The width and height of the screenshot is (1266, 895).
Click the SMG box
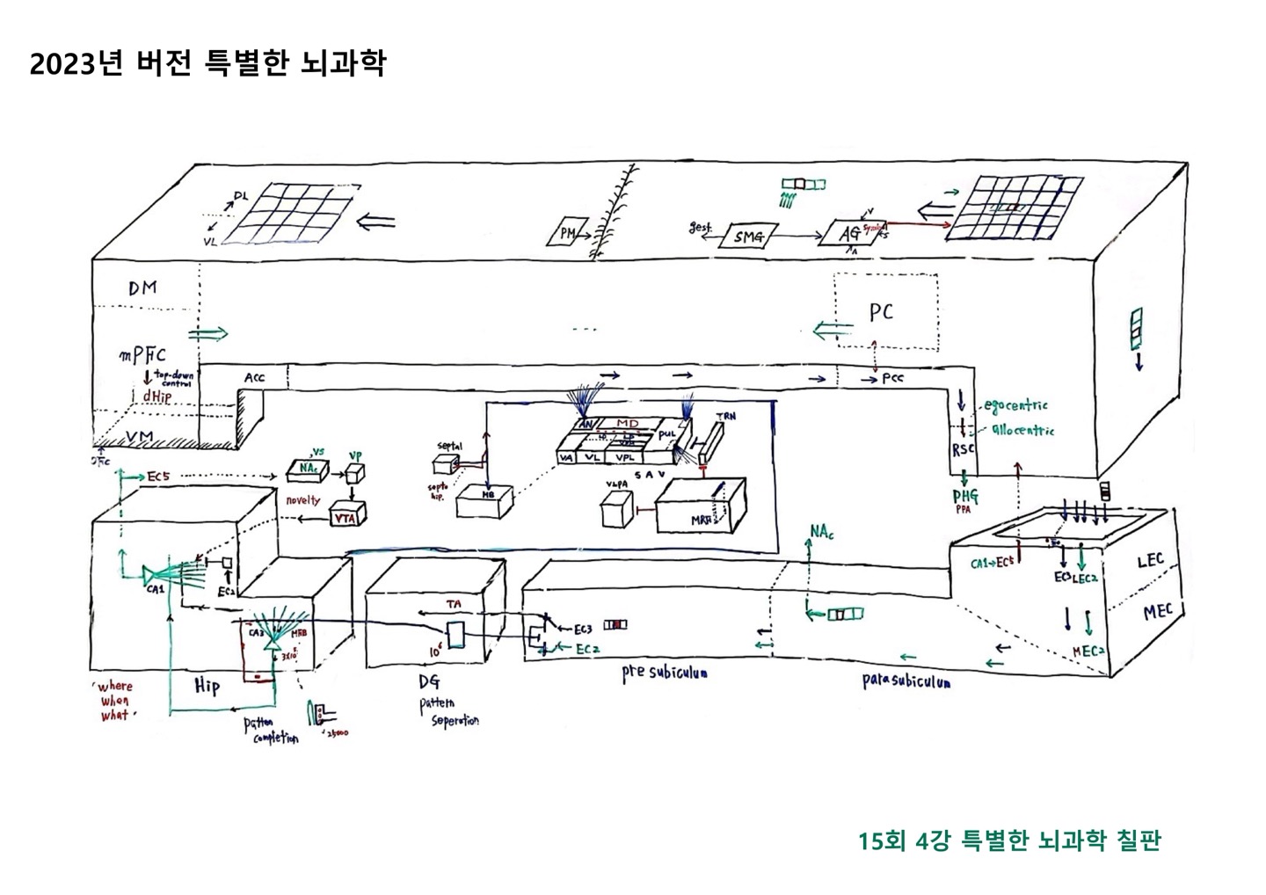[x=748, y=236]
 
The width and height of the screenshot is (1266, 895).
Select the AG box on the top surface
[x=849, y=234]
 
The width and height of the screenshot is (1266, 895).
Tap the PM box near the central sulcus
[x=568, y=232]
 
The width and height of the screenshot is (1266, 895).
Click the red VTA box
[x=345, y=518]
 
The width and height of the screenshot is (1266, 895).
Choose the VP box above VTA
[x=355, y=474]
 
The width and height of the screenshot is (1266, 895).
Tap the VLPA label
[x=615, y=484]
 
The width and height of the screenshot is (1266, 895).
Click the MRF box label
[x=701, y=519]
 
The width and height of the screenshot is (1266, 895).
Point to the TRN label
[x=725, y=415]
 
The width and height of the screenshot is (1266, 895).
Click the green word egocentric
[x=1016, y=406]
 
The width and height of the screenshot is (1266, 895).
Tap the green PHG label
[x=964, y=497]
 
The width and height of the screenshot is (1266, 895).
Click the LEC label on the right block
[x=1150, y=560]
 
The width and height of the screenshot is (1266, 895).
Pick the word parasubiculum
[x=905, y=681]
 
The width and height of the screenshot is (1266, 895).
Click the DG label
[x=430, y=682]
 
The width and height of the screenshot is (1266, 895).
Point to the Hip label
[x=207, y=686]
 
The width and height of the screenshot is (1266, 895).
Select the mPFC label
[x=143, y=356]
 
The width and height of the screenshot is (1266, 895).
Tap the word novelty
[x=303, y=500]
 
